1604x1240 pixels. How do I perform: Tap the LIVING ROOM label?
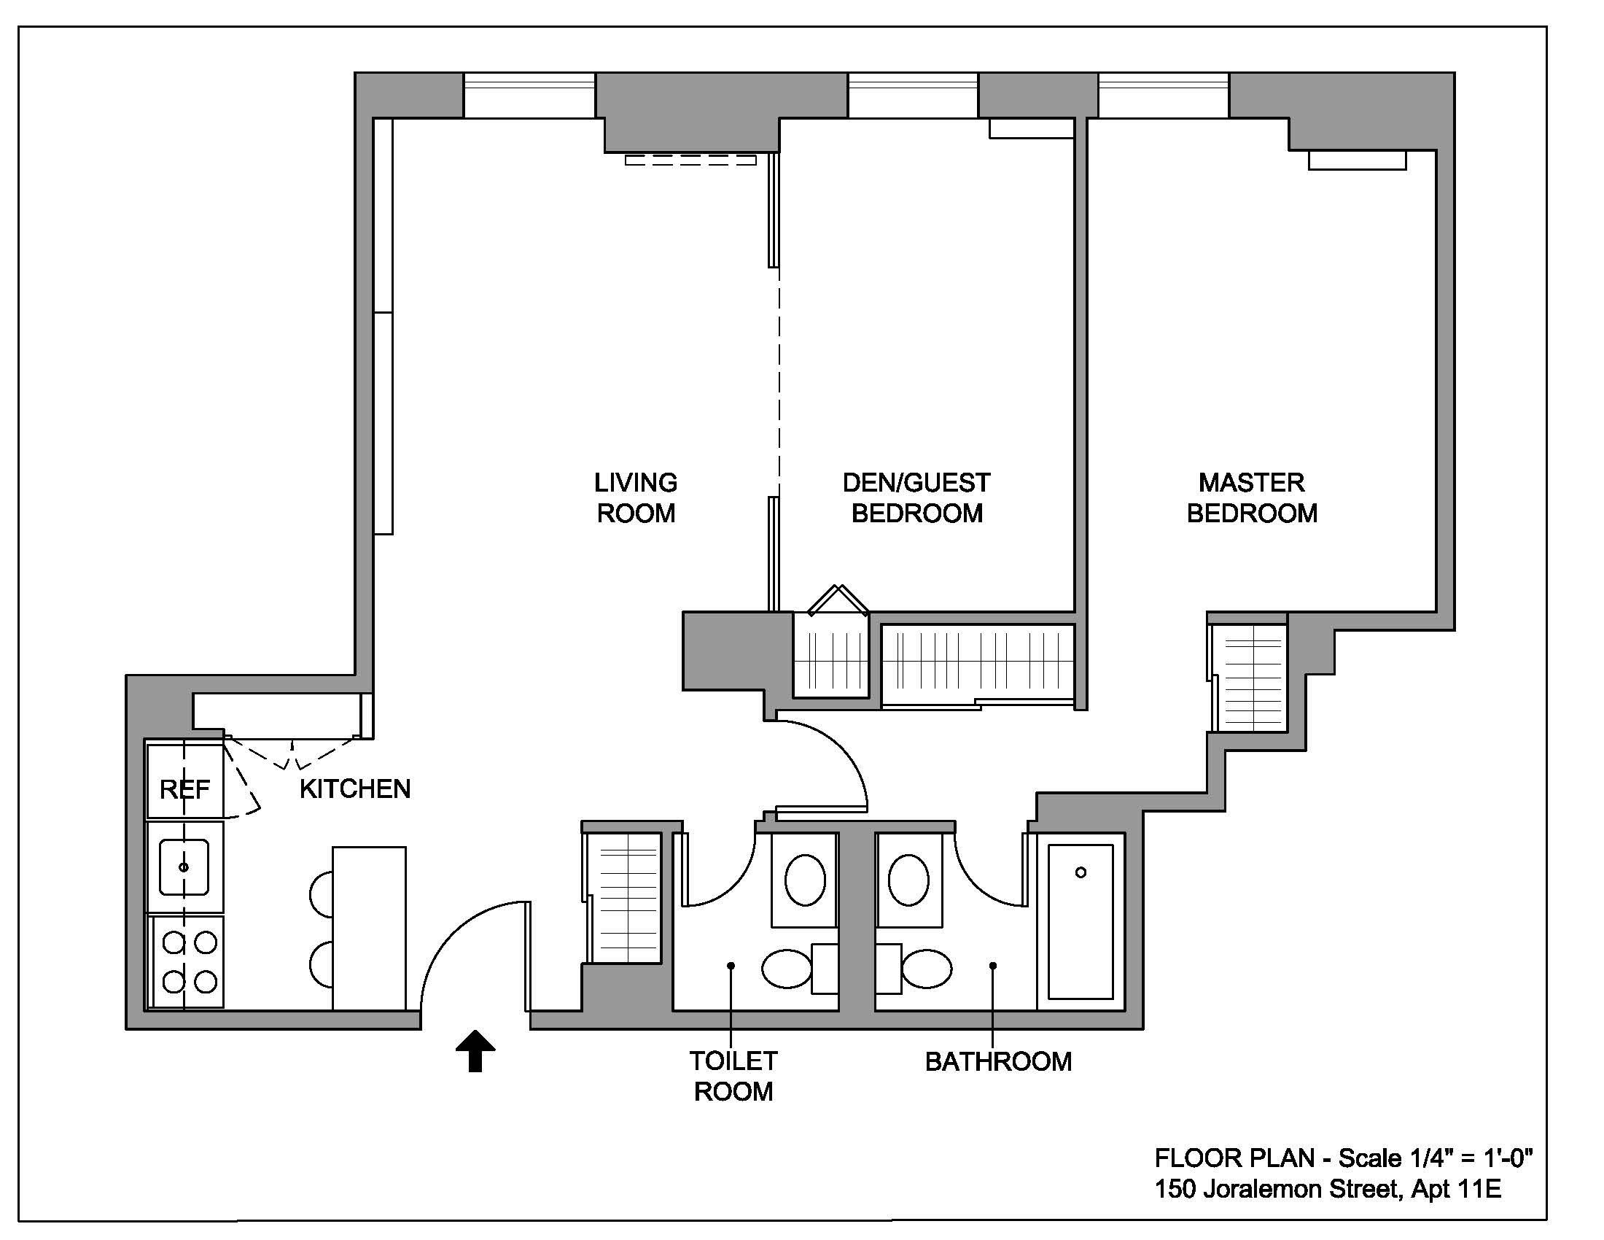(635, 498)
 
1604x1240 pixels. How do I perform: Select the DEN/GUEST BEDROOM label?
(916, 498)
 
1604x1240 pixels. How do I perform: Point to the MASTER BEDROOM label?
(1251, 498)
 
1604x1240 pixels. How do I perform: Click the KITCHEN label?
(355, 789)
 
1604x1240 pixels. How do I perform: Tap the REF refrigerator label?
(184, 790)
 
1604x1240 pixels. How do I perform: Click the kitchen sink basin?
(184, 867)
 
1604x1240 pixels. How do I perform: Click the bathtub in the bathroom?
(1081, 922)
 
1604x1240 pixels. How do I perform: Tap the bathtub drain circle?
(1081, 872)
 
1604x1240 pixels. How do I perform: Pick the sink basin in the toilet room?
(805, 880)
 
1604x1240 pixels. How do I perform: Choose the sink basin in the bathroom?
(908, 880)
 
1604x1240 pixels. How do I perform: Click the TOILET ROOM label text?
(733, 1076)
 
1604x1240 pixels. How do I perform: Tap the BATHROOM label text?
(998, 1061)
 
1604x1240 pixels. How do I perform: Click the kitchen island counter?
(369, 929)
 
